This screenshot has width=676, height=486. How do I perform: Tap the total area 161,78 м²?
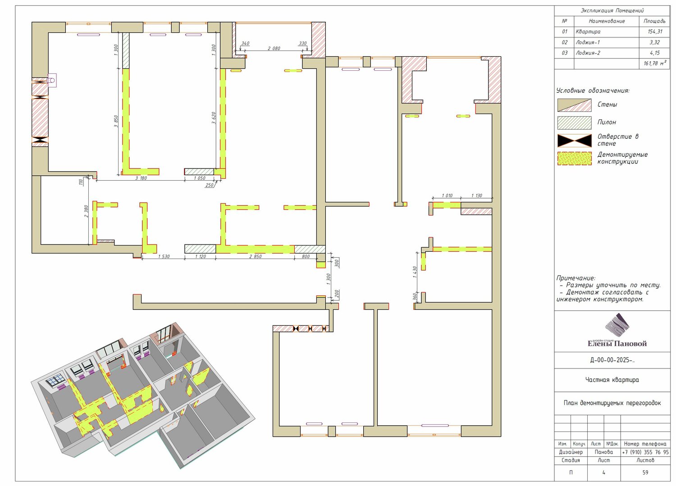click(x=654, y=64)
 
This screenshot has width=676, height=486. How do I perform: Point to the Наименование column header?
click(x=606, y=21)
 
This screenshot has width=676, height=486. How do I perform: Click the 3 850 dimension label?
click(x=116, y=121)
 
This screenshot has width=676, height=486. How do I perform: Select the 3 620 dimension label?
click(x=214, y=118)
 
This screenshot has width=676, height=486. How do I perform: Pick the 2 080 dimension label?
click(x=274, y=48)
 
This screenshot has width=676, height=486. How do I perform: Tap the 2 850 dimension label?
click(x=256, y=256)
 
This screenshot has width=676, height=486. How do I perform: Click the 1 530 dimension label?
click(x=164, y=256)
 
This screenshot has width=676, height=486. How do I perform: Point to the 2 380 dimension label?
click(x=86, y=211)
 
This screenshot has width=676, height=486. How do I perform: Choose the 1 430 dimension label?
click(x=415, y=272)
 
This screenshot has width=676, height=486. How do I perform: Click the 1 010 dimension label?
click(x=447, y=195)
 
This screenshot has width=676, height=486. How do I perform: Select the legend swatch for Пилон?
click(x=574, y=123)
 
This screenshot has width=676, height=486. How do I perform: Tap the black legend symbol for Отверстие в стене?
click(x=574, y=141)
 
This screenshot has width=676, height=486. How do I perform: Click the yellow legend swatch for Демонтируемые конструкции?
click(x=574, y=159)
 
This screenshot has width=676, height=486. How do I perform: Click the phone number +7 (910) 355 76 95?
click(x=645, y=452)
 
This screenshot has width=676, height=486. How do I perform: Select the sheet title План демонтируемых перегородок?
click(x=612, y=403)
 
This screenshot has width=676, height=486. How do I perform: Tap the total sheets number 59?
click(x=645, y=472)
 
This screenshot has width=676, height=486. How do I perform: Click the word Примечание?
click(x=576, y=278)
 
